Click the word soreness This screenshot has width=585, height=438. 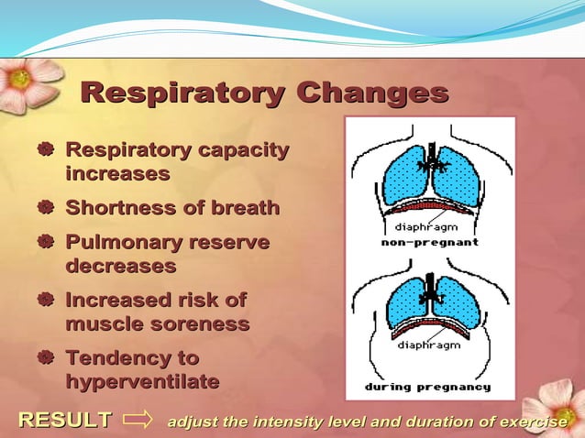click(202, 324)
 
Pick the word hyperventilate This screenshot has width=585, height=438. click(142, 381)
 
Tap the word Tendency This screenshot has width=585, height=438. click(118, 358)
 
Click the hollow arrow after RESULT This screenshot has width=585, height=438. click(138, 421)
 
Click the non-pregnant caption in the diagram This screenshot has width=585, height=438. click(430, 243)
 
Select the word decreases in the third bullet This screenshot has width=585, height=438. click(120, 266)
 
